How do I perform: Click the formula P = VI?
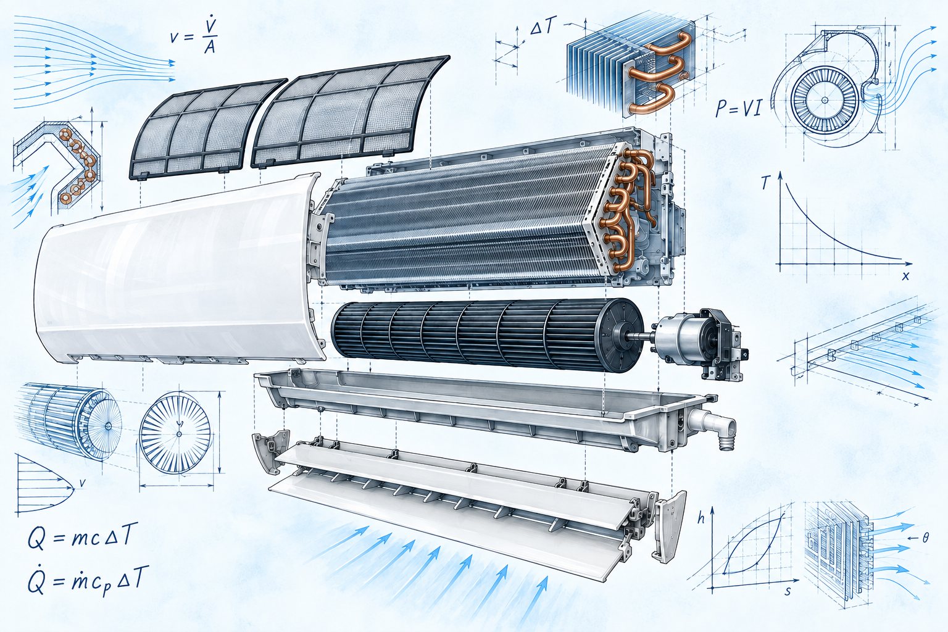coord(738,109)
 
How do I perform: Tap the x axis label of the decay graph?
coord(905,276)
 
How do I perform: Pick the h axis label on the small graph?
coord(701,519)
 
